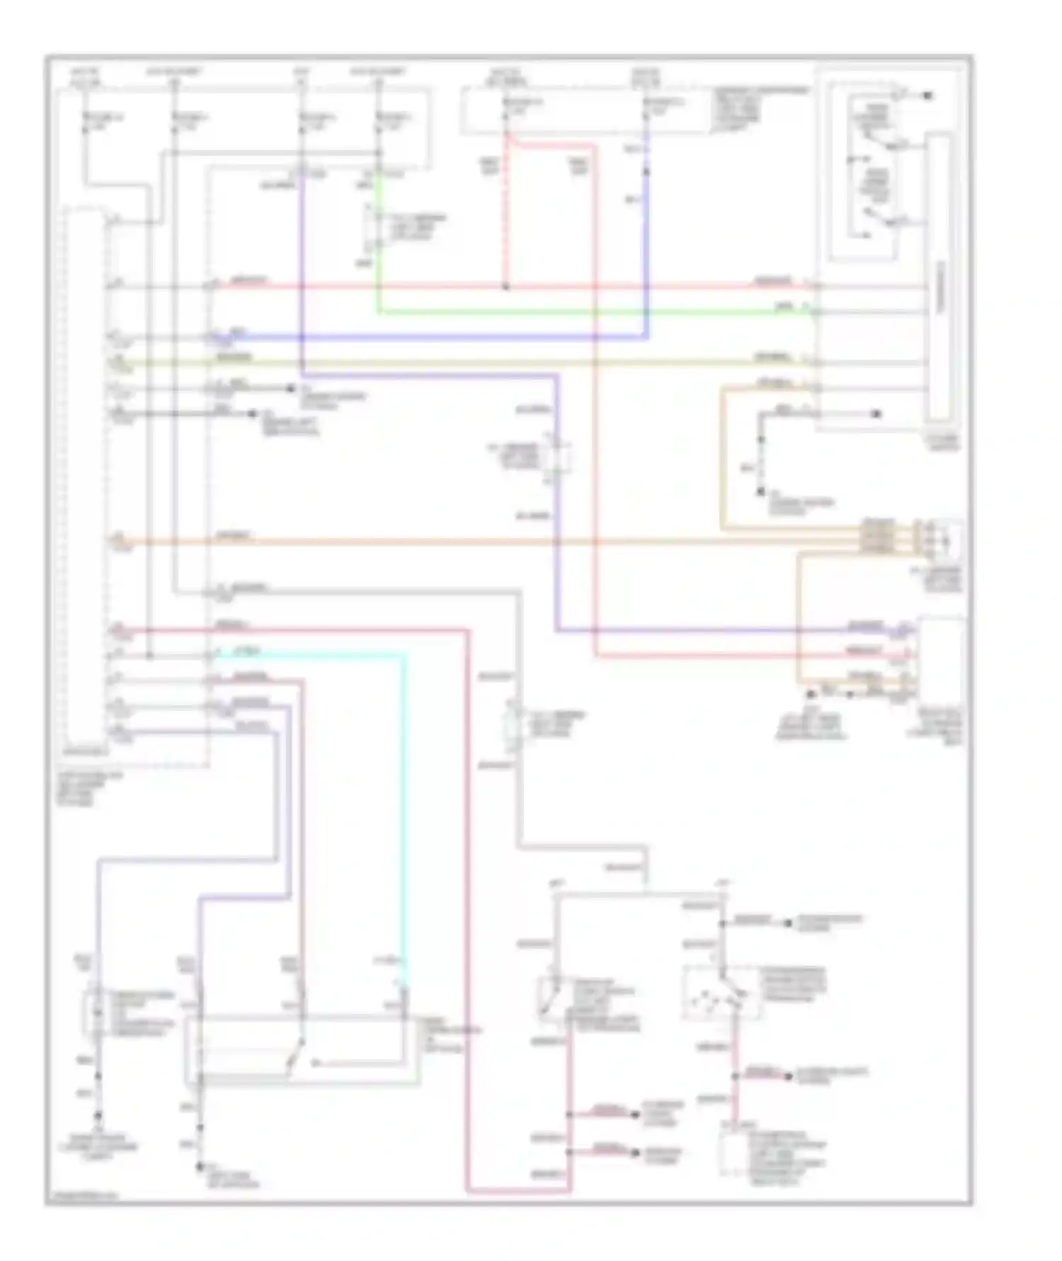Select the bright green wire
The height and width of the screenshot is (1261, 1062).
point(566,312)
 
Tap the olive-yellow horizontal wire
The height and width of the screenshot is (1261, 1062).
point(496,363)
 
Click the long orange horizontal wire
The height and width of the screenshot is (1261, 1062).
point(496,543)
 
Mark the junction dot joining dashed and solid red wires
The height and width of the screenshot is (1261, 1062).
point(506,287)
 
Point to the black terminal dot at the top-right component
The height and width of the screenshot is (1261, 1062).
point(927,95)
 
